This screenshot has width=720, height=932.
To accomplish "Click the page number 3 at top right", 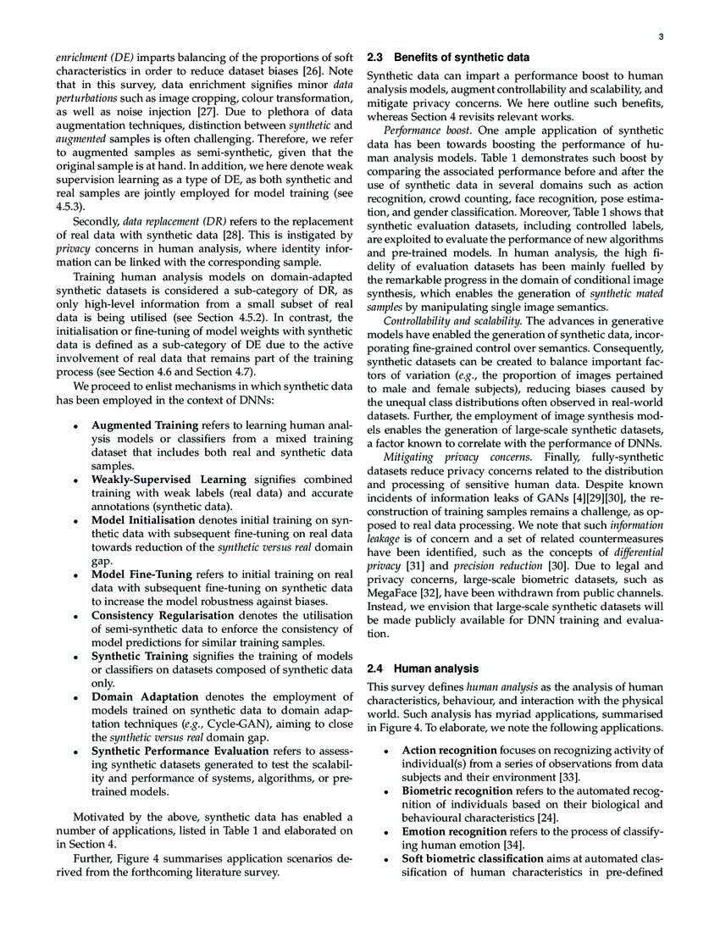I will click(659, 36).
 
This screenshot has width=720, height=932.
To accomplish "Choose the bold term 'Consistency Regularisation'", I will click(163, 615).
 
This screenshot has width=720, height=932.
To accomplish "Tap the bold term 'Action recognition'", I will click(449, 751).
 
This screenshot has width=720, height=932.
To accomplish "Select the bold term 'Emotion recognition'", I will click(453, 832).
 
